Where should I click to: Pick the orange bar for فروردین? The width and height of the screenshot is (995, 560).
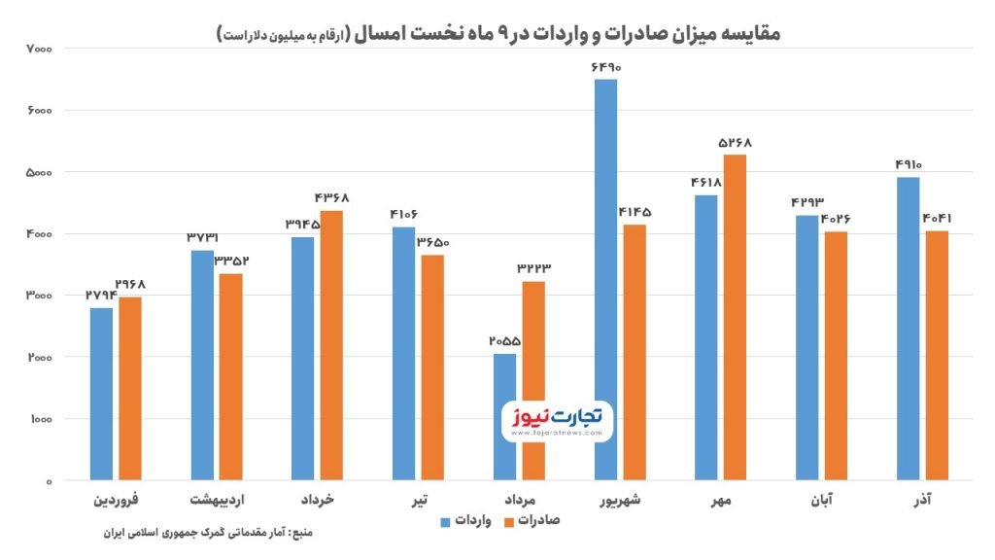click(130, 388)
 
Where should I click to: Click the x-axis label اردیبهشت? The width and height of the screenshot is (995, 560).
click(217, 500)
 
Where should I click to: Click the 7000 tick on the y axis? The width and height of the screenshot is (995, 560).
click(40, 49)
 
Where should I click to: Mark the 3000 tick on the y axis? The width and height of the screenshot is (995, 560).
click(40, 296)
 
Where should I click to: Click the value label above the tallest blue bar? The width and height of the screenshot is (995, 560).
click(604, 67)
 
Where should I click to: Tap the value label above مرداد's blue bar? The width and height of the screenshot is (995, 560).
click(504, 341)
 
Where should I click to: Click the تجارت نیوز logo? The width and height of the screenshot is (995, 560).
click(552, 420)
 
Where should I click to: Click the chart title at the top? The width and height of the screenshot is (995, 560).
click(497, 33)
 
